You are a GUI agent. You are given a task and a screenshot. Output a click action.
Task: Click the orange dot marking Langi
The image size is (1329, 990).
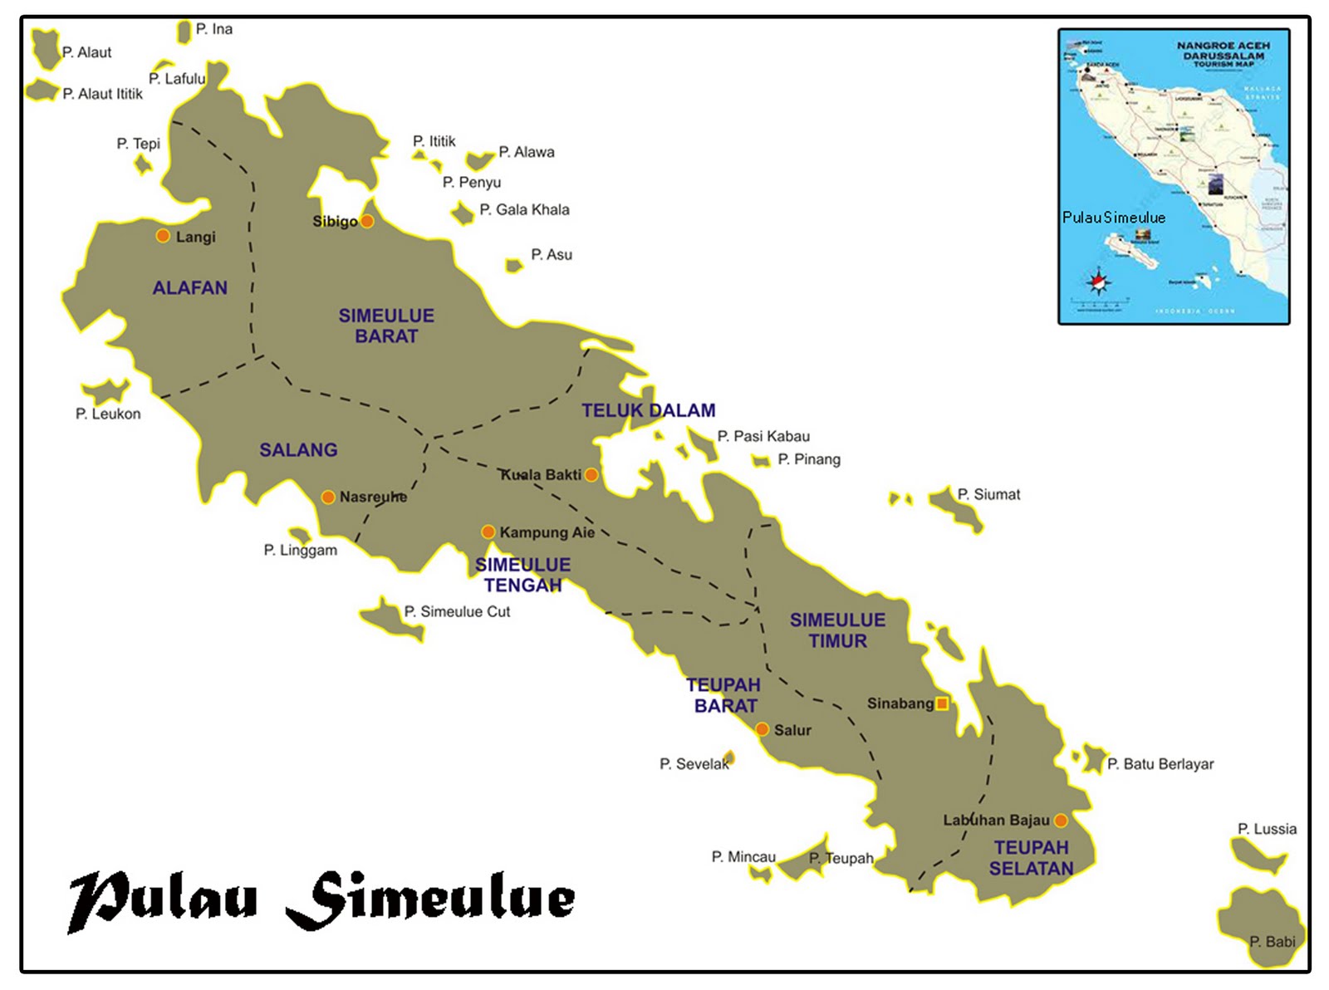pos(164,236)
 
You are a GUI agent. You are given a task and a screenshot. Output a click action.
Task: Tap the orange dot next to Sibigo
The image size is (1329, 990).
pos(367,221)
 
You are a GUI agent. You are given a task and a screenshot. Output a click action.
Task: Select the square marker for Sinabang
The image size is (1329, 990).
pos(942,703)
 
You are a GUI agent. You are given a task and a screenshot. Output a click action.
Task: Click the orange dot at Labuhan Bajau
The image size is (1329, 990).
pos(1061,821)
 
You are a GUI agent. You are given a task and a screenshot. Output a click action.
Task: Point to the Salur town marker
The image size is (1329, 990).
pos(762,729)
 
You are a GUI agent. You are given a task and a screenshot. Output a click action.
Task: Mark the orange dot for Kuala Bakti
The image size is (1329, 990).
pos(591,475)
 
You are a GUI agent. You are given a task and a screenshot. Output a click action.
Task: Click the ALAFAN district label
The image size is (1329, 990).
pos(189,288)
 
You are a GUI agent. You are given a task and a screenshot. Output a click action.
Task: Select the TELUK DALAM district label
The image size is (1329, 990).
pos(648,410)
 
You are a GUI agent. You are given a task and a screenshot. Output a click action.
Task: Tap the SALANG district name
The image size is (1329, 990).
pos(298,450)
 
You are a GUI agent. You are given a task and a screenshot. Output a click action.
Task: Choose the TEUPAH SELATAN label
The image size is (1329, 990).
pos(1031,858)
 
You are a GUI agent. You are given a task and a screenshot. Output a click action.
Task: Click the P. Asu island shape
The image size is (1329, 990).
pos(514,266)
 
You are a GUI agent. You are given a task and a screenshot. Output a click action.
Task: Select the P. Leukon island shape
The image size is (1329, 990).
pos(105,391)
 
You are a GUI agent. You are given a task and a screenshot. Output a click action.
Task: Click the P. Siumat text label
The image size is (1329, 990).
pos(988,494)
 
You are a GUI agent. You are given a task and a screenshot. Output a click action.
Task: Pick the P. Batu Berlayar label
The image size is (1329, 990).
pos(1160,764)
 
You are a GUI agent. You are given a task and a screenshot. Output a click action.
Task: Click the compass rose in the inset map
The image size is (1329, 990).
pos(1099,282)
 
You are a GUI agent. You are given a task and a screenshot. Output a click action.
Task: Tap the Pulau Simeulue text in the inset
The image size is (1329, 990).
pos(1113,218)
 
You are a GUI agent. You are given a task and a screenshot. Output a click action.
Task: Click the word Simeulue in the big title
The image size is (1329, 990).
pos(430,899)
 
